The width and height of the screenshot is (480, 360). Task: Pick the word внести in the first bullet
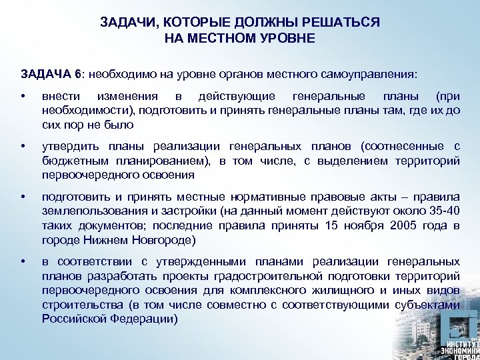(x=61, y=97)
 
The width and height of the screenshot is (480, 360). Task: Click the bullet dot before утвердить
(x=23, y=147)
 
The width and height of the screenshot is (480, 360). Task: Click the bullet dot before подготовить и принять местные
(x=23, y=197)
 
